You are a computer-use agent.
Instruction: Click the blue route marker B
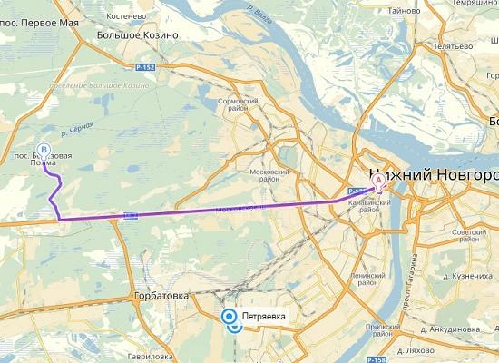[43, 151]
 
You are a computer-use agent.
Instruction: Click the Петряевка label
[263, 316]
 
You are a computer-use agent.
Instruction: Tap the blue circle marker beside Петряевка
[230, 317]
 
